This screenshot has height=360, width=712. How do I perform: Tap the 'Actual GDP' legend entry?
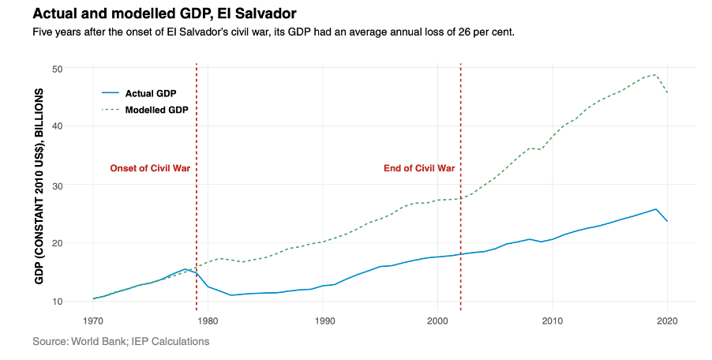click(150, 93)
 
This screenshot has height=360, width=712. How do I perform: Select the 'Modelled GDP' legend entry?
click(156, 109)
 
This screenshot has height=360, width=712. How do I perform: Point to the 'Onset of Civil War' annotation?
click(150, 168)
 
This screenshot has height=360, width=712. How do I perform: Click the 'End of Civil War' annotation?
click(419, 168)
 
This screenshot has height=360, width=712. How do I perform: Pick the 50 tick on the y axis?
click(58, 69)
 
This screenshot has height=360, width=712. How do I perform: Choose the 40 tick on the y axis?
click(58, 126)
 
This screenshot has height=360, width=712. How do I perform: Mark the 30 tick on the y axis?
click(58, 186)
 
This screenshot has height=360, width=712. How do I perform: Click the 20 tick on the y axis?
click(58, 243)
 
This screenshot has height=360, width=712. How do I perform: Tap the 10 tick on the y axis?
click(58, 302)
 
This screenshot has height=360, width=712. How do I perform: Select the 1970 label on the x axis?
click(93, 321)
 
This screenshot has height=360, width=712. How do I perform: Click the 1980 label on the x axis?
click(208, 321)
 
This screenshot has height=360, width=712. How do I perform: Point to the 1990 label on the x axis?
click(323, 321)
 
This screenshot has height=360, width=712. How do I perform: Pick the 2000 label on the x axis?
click(437, 321)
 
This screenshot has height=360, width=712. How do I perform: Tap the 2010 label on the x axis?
click(553, 321)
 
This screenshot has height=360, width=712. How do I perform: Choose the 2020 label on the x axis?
click(667, 321)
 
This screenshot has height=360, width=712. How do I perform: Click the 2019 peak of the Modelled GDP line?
click(656, 75)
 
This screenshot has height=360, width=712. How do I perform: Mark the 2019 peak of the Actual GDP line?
click(656, 209)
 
